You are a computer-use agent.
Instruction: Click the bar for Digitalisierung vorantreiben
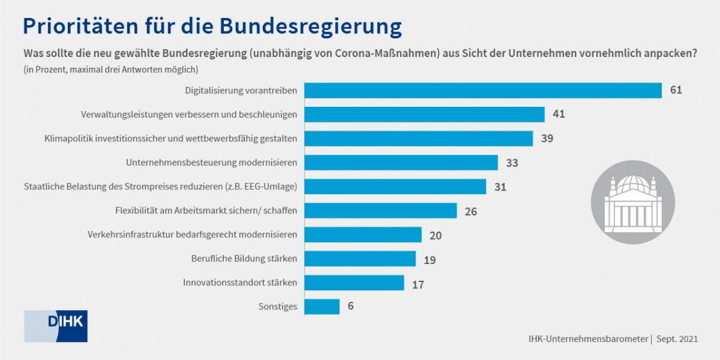[x=483, y=90]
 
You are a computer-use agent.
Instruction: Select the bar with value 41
[x=424, y=114]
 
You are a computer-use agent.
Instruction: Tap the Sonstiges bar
[x=322, y=306]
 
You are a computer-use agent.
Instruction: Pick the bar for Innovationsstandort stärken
[x=354, y=283]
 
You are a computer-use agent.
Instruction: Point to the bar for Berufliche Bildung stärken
[x=359, y=258]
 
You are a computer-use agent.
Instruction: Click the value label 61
[x=676, y=90]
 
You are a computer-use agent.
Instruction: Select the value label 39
[x=547, y=139]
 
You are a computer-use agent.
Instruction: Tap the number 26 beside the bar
[x=471, y=211]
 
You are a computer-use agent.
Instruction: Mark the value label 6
[x=350, y=306]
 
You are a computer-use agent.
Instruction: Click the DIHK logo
[x=56, y=326]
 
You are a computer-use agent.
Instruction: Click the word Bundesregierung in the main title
[x=311, y=26]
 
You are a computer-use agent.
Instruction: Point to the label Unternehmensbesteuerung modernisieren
[x=212, y=163]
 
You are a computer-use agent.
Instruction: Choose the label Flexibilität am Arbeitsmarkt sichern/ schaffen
[x=206, y=210]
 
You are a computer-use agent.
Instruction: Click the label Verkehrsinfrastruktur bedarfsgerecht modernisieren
[x=192, y=235]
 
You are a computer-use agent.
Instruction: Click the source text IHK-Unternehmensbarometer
[x=588, y=339]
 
